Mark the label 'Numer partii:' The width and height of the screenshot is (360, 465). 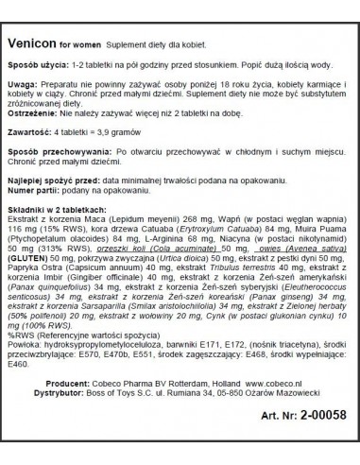coord(46,212)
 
